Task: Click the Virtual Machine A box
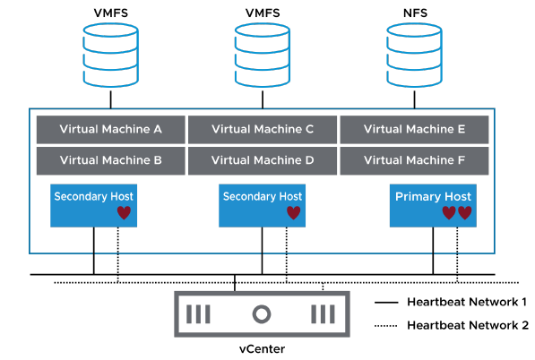(x=110, y=129)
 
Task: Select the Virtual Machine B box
(x=110, y=161)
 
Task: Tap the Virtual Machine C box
(x=262, y=129)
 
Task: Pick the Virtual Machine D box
(x=262, y=161)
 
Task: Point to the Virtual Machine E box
(x=414, y=129)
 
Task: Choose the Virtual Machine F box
(x=414, y=161)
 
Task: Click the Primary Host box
(x=433, y=203)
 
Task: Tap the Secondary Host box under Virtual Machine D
(x=263, y=203)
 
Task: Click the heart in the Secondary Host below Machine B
(x=124, y=213)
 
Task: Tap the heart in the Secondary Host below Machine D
(x=293, y=213)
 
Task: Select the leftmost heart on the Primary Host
(x=449, y=213)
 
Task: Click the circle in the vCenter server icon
(x=262, y=314)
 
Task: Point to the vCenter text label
(x=262, y=347)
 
